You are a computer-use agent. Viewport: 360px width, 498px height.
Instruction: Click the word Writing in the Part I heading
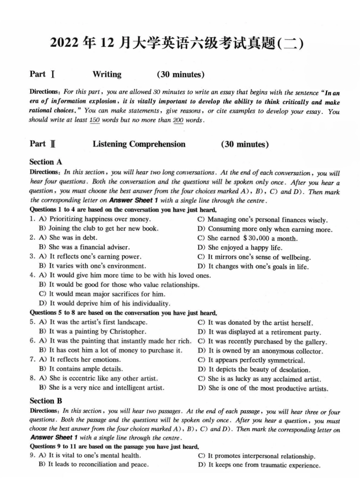[x=107, y=74]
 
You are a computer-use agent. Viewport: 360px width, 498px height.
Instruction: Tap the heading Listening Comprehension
[x=139, y=144]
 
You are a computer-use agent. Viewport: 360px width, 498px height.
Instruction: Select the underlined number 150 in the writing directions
[x=95, y=120]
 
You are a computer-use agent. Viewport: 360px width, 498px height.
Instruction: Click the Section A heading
[x=45, y=162]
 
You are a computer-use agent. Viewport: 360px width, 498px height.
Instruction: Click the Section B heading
[x=45, y=401]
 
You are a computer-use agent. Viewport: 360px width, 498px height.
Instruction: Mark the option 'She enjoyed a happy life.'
[x=245, y=248]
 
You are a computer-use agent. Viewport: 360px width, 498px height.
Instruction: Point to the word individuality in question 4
[x=151, y=304]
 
